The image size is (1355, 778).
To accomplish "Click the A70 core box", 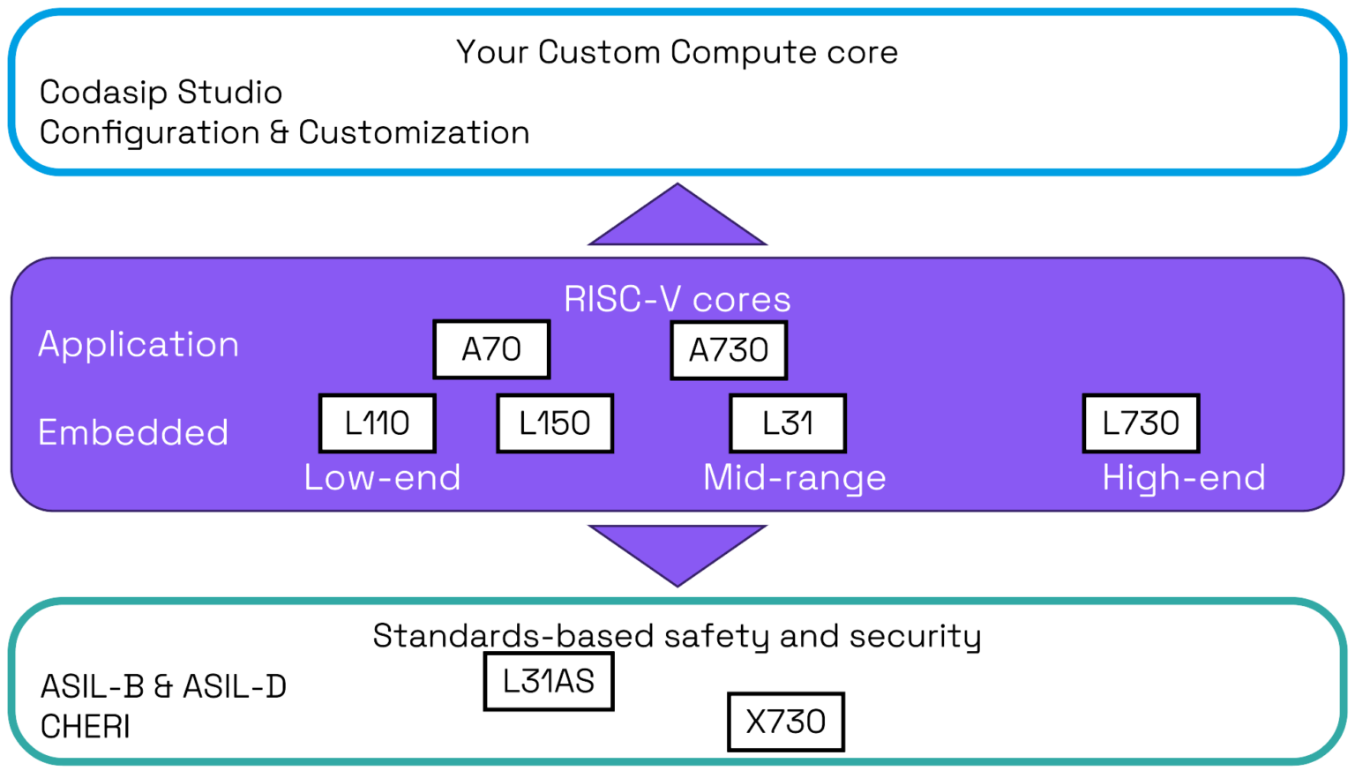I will click(491, 350).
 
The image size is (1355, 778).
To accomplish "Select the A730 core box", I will click(729, 351).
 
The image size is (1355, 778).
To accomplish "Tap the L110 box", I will click(377, 423).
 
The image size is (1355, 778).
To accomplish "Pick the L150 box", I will click(555, 423).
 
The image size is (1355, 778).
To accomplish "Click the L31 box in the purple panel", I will click(788, 423).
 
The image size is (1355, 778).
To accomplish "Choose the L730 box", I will click(1141, 423).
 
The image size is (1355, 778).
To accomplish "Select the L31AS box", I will click(549, 682).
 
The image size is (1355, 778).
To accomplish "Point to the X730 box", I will click(785, 722).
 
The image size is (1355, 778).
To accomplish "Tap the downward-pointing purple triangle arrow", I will click(677, 549).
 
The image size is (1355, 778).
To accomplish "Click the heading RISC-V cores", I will click(677, 300).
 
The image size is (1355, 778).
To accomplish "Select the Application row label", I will click(138, 345).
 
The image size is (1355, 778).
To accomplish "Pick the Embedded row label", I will click(133, 433).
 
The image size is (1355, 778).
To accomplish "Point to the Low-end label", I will click(382, 478).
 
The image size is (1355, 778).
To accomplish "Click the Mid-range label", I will click(794, 478).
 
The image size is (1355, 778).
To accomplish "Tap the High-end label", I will click(1184, 478).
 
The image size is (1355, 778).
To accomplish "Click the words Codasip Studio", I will click(161, 93).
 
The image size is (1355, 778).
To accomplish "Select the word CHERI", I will click(86, 728).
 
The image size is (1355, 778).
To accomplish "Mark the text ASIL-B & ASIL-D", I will click(163, 687).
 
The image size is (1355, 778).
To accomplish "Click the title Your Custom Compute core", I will click(677, 53).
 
